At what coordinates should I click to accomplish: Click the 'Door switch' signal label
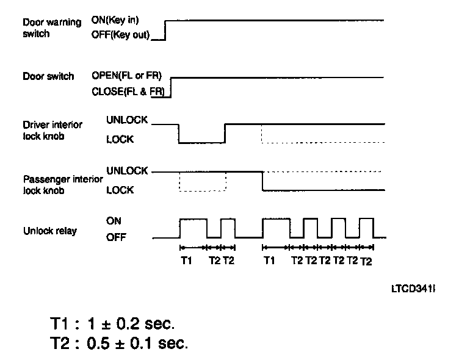tap(48, 77)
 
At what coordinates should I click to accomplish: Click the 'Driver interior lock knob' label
tap(52, 130)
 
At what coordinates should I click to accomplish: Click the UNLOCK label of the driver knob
tap(126, 120)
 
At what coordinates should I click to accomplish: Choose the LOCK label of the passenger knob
tap(120, 190)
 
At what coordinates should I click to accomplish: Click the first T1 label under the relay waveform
tap(187, 261)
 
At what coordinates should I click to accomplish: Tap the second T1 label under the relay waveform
tap(269, 261)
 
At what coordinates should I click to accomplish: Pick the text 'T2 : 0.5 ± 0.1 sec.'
tap(120, 343)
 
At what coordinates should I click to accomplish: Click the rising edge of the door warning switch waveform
tap(166, 29)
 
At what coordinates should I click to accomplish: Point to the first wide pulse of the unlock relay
tap(193, 218)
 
